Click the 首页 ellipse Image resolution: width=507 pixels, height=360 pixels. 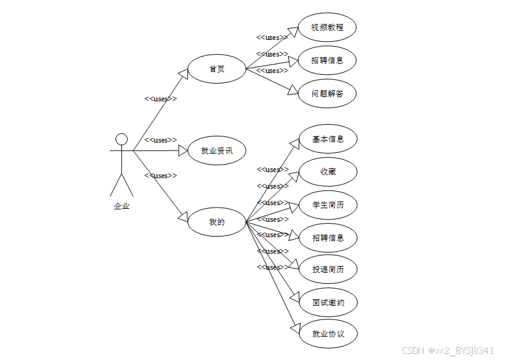(216, 69)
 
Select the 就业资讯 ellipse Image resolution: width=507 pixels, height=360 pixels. (216, 151)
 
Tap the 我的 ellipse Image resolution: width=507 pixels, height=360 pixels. (216, 222)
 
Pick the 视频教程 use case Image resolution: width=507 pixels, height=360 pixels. (327, 28)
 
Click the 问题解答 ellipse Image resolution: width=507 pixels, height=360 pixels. (327, 94)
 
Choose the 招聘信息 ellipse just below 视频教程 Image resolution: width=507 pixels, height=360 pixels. (327, 60)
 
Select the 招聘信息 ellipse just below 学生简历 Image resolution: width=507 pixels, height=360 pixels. (327, 238)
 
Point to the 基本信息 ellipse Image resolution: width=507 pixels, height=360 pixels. (327, 139)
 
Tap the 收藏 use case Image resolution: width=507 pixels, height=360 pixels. (327, 172)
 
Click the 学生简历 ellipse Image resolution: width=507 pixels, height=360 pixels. (327, 205)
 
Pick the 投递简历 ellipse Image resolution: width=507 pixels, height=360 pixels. (327, 270)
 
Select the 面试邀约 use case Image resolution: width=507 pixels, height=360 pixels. (327, 302)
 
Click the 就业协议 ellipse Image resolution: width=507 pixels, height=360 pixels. (327, 334)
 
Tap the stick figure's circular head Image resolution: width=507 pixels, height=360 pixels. (122, 139)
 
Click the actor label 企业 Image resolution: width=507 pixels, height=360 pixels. (122, 206)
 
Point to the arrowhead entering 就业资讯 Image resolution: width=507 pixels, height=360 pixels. (182, 151)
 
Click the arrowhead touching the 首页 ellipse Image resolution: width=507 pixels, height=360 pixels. (184, 73)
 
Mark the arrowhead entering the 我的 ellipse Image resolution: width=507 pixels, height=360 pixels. (183, 217)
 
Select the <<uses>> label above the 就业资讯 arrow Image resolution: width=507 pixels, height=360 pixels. (160, 140)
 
